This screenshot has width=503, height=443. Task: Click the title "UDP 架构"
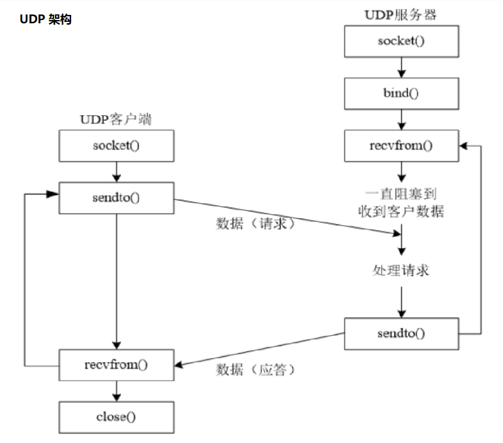45,19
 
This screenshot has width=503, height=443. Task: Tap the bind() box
401,93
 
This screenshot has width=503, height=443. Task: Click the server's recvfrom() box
401,145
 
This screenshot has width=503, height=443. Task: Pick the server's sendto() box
401,334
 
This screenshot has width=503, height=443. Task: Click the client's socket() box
116,145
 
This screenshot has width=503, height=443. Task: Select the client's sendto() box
116,197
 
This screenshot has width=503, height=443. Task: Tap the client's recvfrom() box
116,365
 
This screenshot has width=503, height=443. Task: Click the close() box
116,416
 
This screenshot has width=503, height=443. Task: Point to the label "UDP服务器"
401,14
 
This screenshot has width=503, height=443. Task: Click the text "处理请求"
401,270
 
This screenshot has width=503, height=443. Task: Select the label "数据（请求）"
256,224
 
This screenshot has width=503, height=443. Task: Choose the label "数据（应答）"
256,369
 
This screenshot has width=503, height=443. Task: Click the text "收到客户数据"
401,211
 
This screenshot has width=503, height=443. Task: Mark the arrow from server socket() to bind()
402,67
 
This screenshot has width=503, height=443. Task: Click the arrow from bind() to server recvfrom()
402,119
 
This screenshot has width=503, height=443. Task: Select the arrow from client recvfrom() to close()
116,391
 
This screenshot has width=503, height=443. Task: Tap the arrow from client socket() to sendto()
116,171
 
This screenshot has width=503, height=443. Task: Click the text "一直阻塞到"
401,193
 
